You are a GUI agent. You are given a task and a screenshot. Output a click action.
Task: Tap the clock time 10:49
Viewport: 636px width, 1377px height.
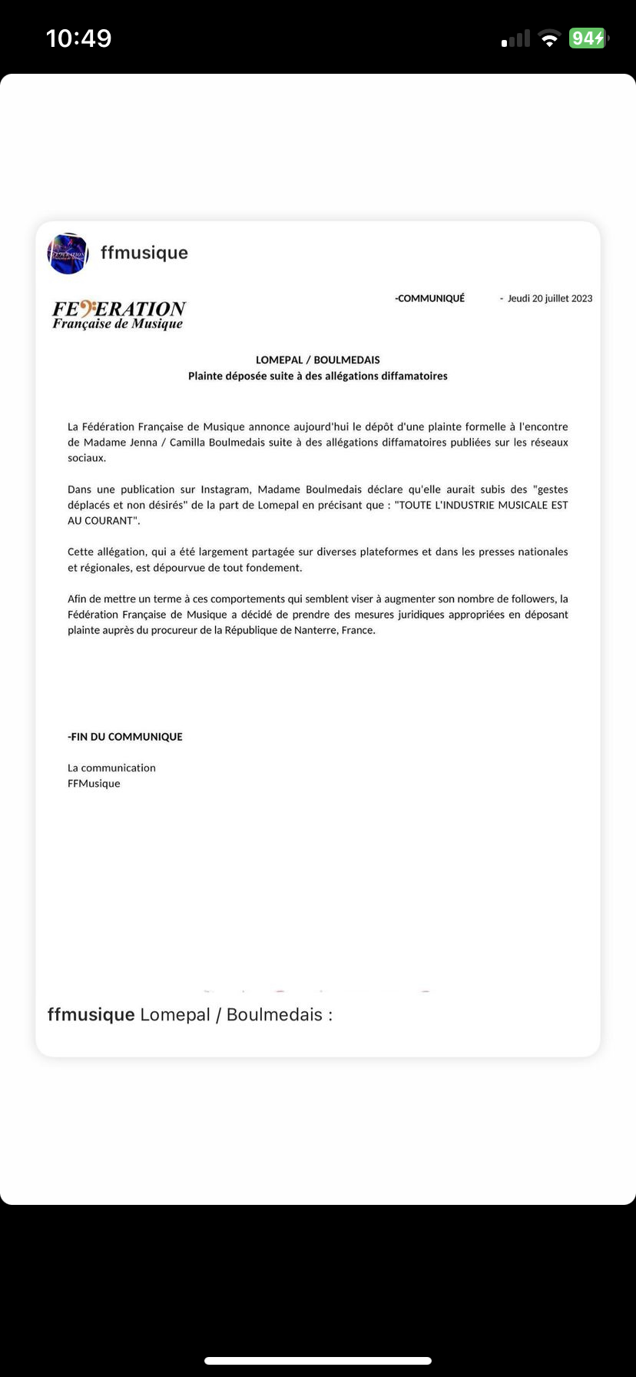click(79, 38)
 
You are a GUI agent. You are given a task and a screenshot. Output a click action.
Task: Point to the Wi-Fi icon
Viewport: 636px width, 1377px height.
click(549, 38)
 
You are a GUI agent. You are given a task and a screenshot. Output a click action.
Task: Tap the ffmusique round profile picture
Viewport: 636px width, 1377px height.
click(68, 253)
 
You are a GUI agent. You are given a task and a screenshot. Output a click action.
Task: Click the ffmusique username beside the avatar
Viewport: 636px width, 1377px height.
click(144, 253)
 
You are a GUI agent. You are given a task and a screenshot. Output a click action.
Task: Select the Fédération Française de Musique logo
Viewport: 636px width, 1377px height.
click(119, 314)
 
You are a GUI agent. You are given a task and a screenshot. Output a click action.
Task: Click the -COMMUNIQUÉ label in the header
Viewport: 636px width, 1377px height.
click(429, 298)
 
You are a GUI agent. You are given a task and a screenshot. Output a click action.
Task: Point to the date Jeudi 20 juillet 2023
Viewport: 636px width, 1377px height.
click(550, 298)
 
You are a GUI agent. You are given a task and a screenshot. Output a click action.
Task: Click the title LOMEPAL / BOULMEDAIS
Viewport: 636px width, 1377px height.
click(318, 360)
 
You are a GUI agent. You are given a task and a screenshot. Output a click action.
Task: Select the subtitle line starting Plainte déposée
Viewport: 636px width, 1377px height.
click(318, 376)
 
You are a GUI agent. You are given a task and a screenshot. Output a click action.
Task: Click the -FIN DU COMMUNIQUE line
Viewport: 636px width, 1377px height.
click(125, 736)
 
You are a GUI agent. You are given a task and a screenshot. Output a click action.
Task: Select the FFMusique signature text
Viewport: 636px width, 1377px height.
click(94, 784)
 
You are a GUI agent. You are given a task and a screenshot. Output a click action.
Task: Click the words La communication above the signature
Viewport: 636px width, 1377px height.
click(111, 768)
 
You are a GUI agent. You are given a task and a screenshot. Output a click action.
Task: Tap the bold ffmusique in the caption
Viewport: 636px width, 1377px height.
click(91, 1014)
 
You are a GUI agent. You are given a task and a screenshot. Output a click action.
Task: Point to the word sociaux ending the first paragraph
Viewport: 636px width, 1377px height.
click(87, 458)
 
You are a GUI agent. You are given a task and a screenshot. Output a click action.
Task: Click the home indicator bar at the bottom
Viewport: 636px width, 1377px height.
click(318, 1361)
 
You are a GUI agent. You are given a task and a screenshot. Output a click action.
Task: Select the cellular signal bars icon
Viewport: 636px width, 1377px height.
click(515, 38)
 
